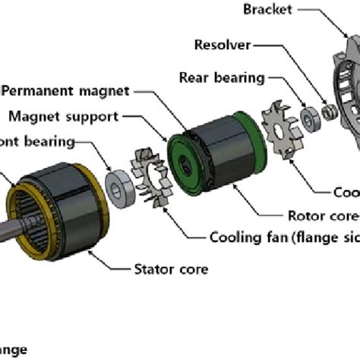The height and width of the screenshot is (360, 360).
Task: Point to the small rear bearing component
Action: pyautogui.click(x=311, y=118)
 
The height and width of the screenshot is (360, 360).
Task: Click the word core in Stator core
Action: pyautogui.click(x=194, y=268)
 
